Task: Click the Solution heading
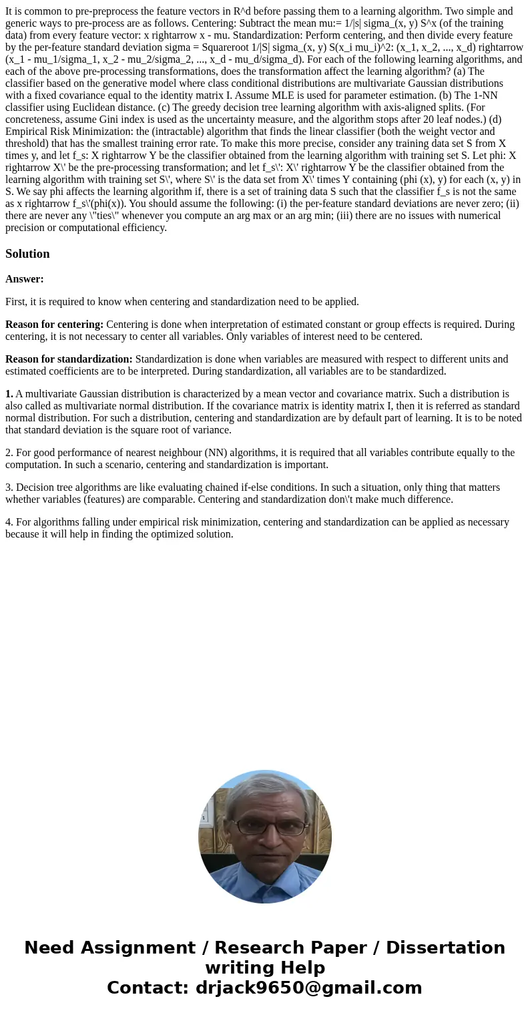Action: click(x=27, y=254)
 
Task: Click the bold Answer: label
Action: click(x=25, y=279)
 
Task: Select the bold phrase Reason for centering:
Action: click(x=54, y=325)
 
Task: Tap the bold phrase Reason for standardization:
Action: click(x=69, y=359)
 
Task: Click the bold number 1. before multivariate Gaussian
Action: click(x=9, y=394)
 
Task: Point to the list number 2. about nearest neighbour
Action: click(x=9, y=453)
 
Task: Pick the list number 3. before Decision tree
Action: click(x=9, y=487)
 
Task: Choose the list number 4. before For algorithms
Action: click(x=9, y=522)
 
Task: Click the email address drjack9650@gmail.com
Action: click(x=308, y=988)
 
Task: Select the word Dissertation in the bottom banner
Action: click(x=445, y=948)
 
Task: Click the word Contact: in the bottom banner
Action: click(x=148, y=988)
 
